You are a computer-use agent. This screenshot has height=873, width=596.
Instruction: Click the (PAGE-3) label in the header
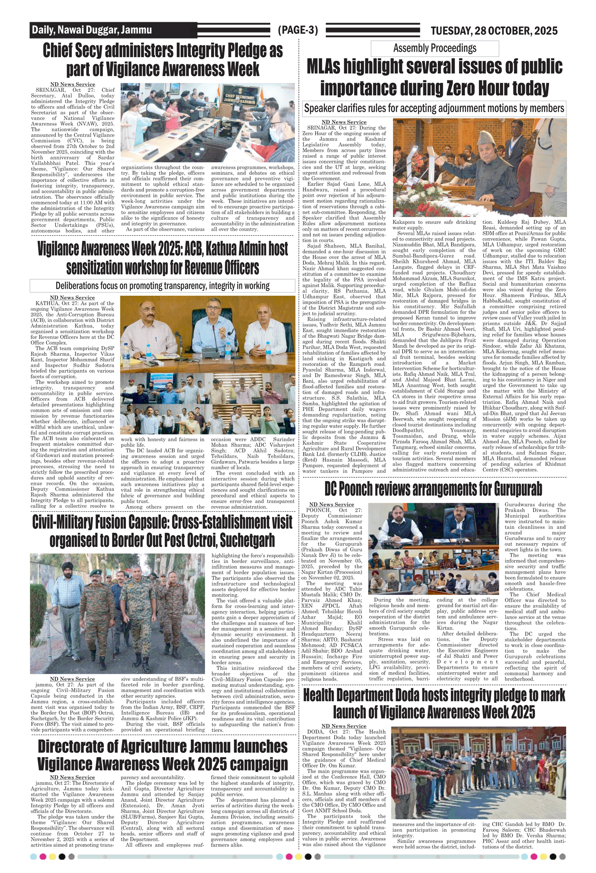[x=298, y=30]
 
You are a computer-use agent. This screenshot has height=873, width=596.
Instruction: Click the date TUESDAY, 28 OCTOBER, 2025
[x=494, y=31]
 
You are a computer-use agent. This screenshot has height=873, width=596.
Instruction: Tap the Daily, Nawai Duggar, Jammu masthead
[x=92, y=30]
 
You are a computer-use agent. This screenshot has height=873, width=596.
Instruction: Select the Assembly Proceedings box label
[x=435, y=48]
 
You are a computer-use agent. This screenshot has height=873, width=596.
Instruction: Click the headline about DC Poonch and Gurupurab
[x=433, y=489]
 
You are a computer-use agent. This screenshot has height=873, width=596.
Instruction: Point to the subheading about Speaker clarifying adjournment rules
[x=434, y=108]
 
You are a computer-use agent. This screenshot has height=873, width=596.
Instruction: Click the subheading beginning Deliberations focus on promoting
[x=162, y=286]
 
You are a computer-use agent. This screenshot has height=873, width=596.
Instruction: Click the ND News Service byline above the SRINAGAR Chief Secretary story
[x=73, y=84]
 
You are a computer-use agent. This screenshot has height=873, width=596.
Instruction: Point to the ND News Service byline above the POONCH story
[x=331, y=504]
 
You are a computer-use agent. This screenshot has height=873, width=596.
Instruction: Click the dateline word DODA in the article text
[x=316, y=731]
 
